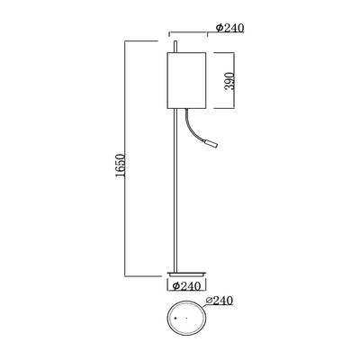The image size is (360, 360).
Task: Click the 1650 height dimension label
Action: click(120, 166)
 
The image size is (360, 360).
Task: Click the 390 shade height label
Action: click(229, 81)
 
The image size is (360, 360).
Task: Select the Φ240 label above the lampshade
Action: click(230, 28)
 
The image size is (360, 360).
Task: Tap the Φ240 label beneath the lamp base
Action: click(186, 286)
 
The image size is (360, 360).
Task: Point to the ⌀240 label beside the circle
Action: click(220, 301)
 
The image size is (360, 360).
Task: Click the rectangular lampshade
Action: click(186, 80)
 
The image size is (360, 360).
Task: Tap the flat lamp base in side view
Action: click(186, 274)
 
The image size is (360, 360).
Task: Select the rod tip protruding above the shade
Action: click(175, 47)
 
